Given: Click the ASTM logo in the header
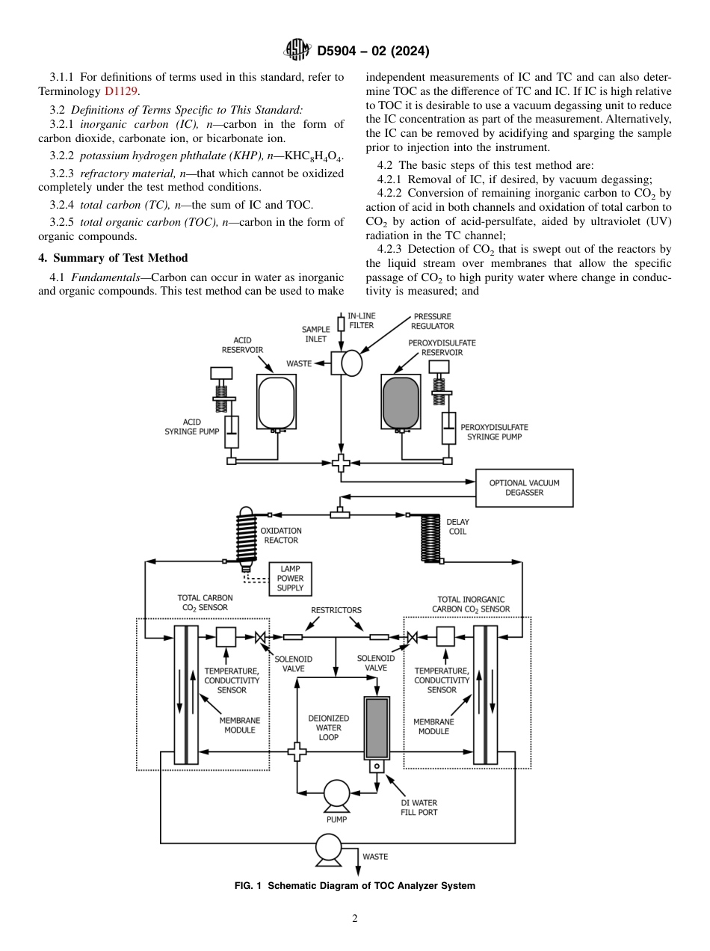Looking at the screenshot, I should point(298,51).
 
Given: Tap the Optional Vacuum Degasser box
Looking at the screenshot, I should point(524,487).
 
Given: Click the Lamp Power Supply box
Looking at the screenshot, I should point(290,579).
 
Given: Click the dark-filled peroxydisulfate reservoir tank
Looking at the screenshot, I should point(401,402).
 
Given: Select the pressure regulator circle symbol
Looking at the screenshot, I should point(351,363).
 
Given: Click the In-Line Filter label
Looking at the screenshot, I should point(362,321).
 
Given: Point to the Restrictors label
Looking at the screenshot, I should point(336,610).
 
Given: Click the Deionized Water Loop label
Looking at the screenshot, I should point(329,727).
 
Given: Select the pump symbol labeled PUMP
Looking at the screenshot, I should point(336,794).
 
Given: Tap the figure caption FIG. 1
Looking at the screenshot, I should point(354,886).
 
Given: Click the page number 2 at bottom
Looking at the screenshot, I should point(354,919).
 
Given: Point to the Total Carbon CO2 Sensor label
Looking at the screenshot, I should point(205,603).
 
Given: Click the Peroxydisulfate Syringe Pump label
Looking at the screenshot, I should point(494,431).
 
